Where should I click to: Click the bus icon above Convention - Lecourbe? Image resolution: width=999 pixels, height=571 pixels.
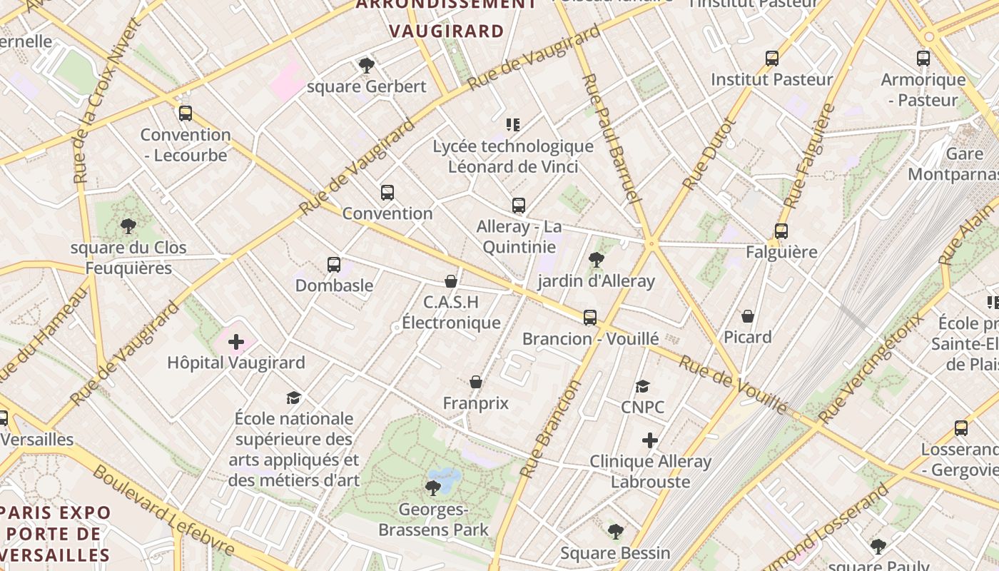pyautogui.click(x=186, y=113)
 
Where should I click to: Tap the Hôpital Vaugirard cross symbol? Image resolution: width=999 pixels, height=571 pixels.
pyautogui.click(x=236, y=342)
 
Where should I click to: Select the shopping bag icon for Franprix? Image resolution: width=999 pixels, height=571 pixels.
pyautogui.click(x=476, y=383)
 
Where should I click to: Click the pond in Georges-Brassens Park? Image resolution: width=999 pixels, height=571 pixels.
pyautogui.click(x=444, y=477)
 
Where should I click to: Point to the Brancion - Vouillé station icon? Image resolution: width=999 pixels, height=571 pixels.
pyautogui.click(x=590, y=318)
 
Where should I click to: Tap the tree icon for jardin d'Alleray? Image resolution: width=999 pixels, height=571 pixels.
pyautogui.click(x=597, y=260)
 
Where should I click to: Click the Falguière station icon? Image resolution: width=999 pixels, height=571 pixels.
pyautogui.click(x=781, y=231)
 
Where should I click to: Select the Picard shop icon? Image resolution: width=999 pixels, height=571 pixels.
pyautogui.click(x=748, y=316)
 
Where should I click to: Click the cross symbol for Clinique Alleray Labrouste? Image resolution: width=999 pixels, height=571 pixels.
pyautogui.click(x=650, y=440)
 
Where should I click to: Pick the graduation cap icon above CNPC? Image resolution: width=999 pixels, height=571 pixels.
pyautogui.click(x=643, y=386)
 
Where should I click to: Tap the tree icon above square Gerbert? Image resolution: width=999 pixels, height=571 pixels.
pyautogui.click(x=367, y=66)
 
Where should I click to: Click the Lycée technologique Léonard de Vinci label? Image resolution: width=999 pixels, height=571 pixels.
pyautogui.click(x=513, y=156)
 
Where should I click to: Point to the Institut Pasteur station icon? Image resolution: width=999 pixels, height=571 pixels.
pyautogui.click(x=772, y=59)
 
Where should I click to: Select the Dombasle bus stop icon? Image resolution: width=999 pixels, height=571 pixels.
pyautogui.click(x=334, y=265)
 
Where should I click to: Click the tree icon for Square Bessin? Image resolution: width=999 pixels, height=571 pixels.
pyautogui.click(x=616, y=532)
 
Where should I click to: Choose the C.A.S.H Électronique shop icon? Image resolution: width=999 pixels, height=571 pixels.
pyautogui.click(x=451, y=281)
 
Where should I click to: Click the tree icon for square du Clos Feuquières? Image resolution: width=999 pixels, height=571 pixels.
pyautogui.click(x=128, y=227)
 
